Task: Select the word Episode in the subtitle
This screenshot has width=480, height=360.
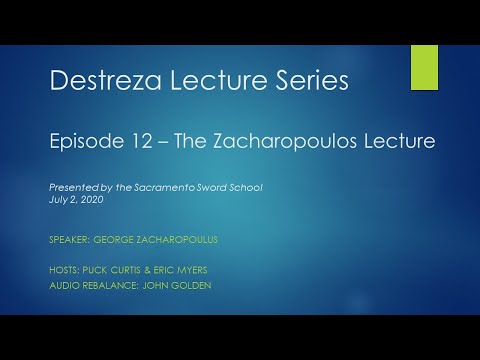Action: tap(84, 142)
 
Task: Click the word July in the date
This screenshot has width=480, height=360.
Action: tap(58, 200)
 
